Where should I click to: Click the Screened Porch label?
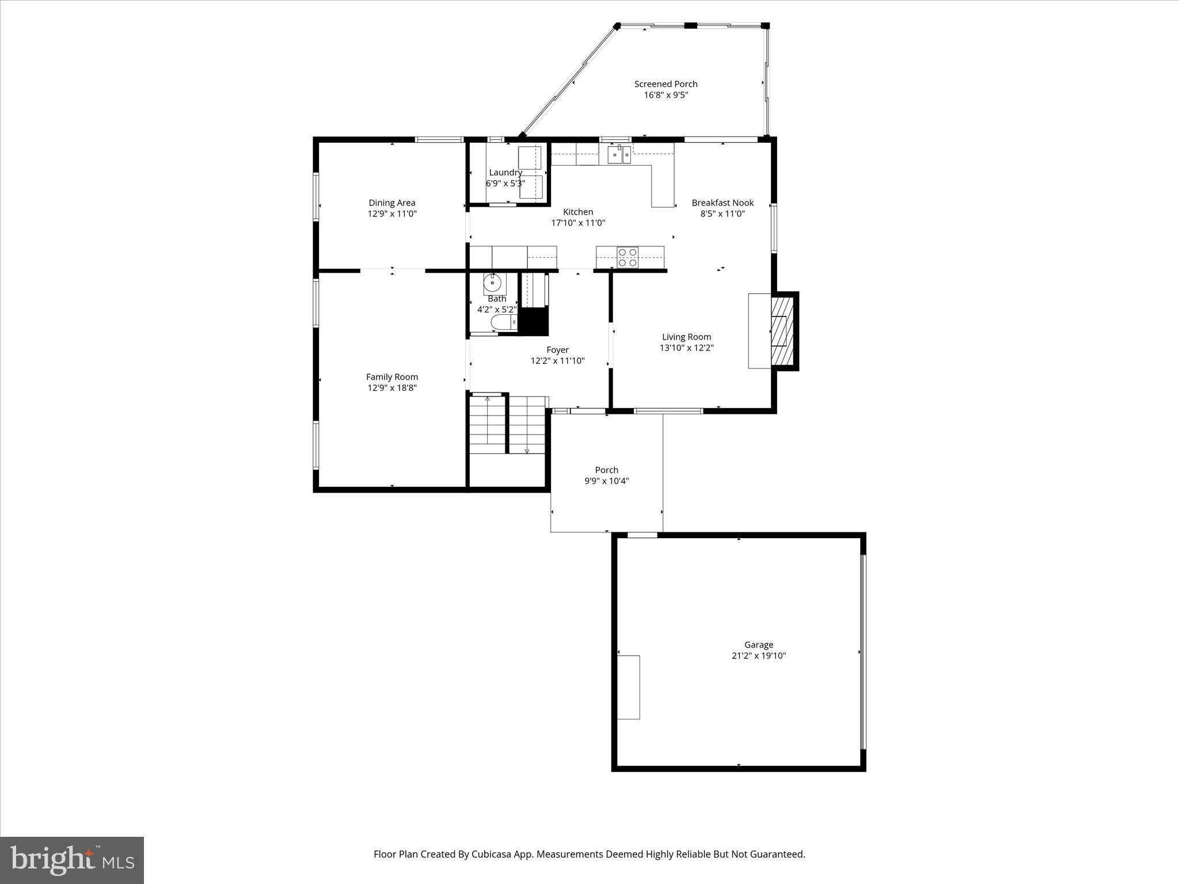click(x=665, y=84)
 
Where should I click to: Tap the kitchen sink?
click(x=619, y=154)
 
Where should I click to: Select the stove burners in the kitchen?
click(x=627, y=257)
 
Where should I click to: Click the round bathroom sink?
click(x=493, y=283)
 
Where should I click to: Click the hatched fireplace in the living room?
click(x=781, y=330)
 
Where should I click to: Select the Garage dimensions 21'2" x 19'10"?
click(x=758, y=656)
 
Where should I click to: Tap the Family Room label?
click(x=392, y=377)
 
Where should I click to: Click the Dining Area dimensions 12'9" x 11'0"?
click(x=392, y=214)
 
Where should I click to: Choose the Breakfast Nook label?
click(x=722, y=203)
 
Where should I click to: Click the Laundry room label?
click(x=505, y=173)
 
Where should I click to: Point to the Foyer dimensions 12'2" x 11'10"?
click(x=557, y=361)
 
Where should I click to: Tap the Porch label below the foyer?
click(x=606, y=470)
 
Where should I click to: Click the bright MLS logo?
click(x=72, y=860)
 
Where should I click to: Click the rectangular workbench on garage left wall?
click(x=629, y=687)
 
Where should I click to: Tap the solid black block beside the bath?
click(x=534, y=321)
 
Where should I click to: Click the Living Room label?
click(x=686, y=337)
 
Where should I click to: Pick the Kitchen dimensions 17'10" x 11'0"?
click(x=578, y=223)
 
